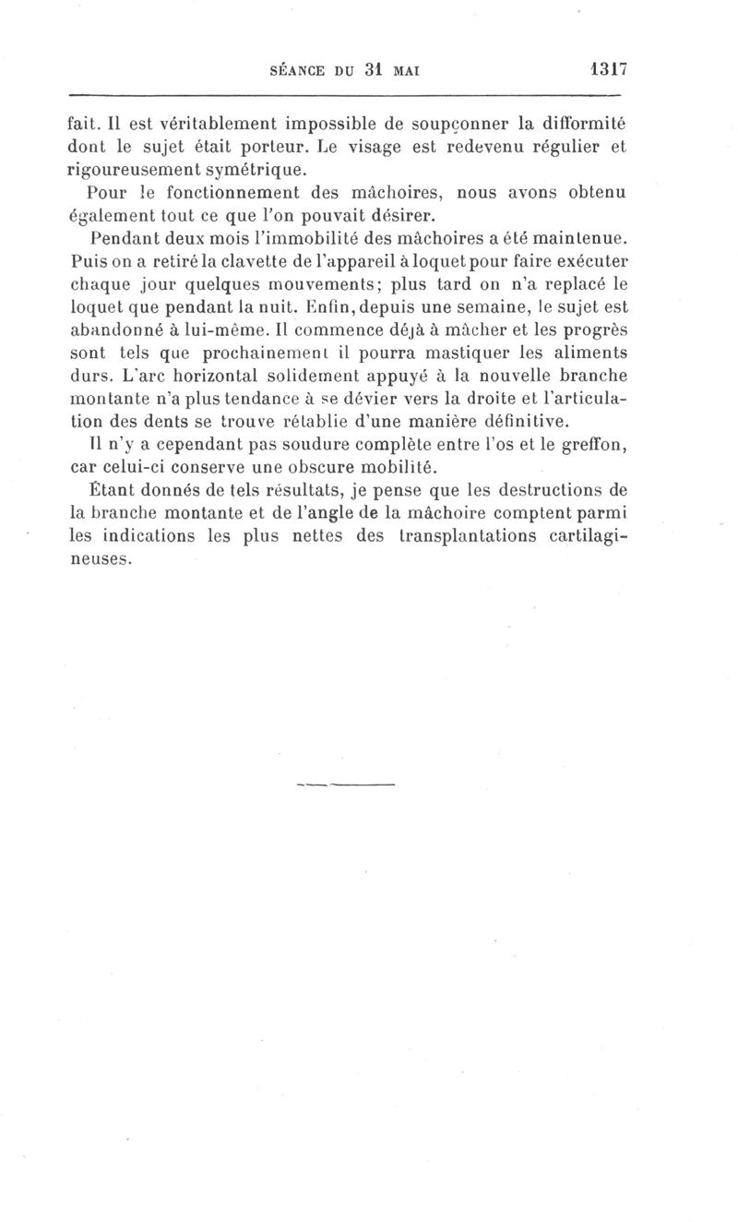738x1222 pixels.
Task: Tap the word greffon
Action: (x=597, y=448)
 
